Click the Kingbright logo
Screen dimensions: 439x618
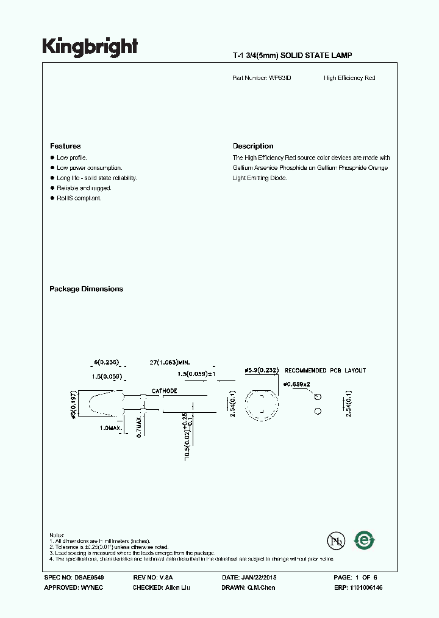[90, 47]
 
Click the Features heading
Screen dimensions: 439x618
[65, 147]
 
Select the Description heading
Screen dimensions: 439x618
[253, 147]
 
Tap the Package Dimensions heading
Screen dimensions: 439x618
[86, 289]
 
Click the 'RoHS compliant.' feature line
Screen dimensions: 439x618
[79, 198]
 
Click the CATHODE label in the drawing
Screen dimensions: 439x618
[165, 391]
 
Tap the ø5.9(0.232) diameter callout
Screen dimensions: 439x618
[262, 371]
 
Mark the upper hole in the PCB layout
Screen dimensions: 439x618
[318, 397]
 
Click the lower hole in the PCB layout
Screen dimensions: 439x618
[318, 412]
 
